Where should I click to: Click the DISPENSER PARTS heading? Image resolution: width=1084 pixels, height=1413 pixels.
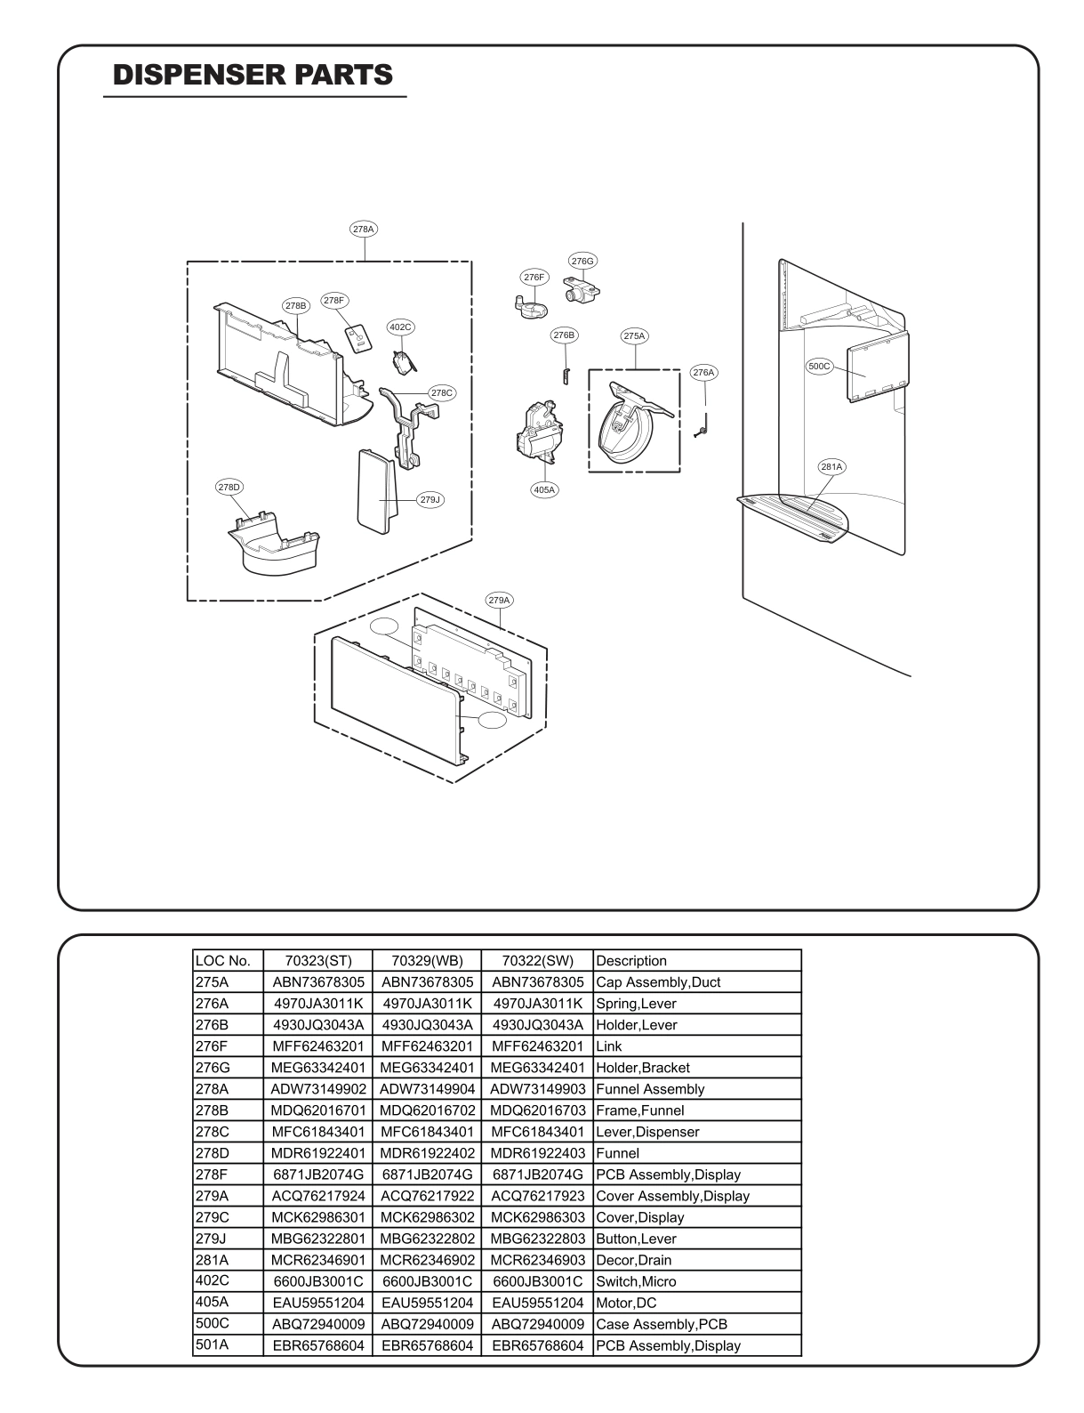(253, 75)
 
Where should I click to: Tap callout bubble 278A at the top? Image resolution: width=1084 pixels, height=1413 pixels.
(364, 229)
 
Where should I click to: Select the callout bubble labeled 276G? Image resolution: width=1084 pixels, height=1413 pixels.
(582, 261)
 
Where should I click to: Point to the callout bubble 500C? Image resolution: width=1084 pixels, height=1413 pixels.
(819, 366)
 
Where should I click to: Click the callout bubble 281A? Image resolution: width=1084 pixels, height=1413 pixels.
(831, 466)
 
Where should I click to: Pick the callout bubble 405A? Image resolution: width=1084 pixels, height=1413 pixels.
(544, 489)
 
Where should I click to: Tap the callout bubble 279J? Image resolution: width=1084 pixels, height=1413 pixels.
(430, 499)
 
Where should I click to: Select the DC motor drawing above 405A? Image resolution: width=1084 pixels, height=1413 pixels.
(540, 432)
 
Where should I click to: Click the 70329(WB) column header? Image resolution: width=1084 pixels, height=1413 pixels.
(426, 961)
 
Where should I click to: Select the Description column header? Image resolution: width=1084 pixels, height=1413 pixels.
(631, 961)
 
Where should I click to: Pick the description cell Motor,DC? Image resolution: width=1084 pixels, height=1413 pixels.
(624, 1303)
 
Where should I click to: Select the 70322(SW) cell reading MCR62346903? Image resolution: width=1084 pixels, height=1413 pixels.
(537, 1260)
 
